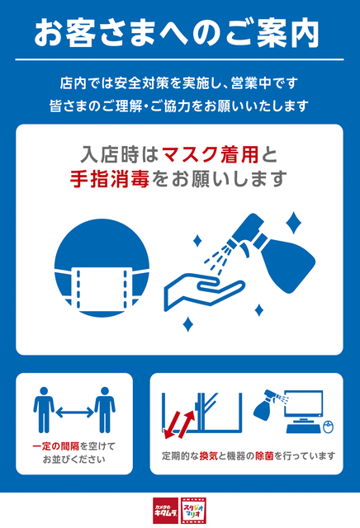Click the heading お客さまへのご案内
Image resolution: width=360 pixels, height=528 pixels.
pos(177,33)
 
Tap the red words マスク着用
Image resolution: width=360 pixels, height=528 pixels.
pos(211,154)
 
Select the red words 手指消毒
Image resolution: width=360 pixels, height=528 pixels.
pos(110,178)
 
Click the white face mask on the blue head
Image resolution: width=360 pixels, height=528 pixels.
pos(102,289)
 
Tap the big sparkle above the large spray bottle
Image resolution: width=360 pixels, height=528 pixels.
pos(293,223)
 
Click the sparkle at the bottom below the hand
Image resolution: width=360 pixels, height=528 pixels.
pos(187,324)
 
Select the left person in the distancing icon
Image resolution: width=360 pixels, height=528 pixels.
pos(44,410)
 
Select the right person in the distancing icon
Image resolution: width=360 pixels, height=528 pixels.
pos(105,410)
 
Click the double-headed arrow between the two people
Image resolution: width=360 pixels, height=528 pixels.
pos(74,412)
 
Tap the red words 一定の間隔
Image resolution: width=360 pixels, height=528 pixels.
pos(55,446)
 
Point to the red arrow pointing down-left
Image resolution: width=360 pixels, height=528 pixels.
pos(173,422)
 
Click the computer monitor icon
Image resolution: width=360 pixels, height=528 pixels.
pos(304,412)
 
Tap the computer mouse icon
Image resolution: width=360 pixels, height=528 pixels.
pos(329,427)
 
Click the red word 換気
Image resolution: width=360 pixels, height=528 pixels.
pos(209,456)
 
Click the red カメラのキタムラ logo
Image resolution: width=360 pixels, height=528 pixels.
pos(165,511)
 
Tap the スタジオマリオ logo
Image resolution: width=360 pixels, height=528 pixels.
pos(193,511)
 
